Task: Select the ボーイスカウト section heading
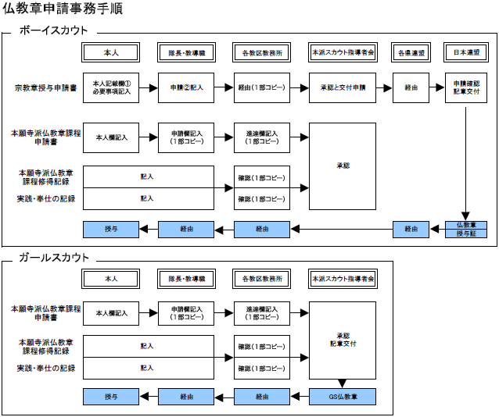pyautogui.click(x=53, y=31)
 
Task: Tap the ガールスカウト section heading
pyautogui.click(x=53, y=258)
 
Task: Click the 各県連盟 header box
pyautogui.click(x=411, y=53)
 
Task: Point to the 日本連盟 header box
pyautogui.click(x=466, y=53)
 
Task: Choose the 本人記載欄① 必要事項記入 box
pyautogui.click(x=111, y=87)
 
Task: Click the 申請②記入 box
pyautogui.click(x=186, y=87)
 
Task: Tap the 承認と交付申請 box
pyautogui.click(x=343, y=87)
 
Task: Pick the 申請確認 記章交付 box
pyautogui.click(x=466, y=87)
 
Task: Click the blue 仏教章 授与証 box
pyautogui.click(x=466, y=229)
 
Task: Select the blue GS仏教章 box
pyautogui.click(x=343, y=396)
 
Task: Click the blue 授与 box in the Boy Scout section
pyautogui.click(x=111, y=229)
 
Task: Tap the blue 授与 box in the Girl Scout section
pyautogui.click(x=111, y=396)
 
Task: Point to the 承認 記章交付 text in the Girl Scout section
pyautogui.click(x=343, y=340)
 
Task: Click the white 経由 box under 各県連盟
pyautogui.click(x=411, y=87)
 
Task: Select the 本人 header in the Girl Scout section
pyautogui.click(x=111, y=278)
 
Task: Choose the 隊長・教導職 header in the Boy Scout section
pyautogui.click(x=186, y=53)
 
